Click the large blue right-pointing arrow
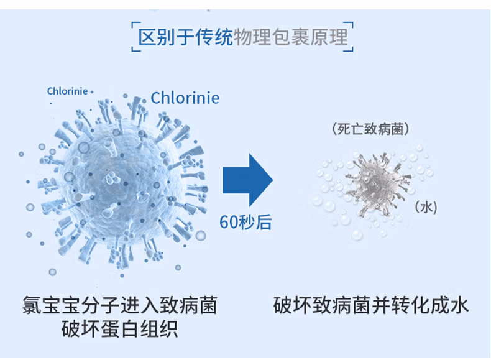(x=247, y=180)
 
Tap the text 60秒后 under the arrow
(x=245, y=222)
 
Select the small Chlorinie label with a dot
(x=70, y=91)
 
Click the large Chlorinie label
(x=185, y=98)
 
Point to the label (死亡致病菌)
(x=370, y=129)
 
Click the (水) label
(x=426, y=207)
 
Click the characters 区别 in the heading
(x=157, y=37)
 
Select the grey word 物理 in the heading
(x=252, y=37)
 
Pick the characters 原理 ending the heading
(x=329, y=37)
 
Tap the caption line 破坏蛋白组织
(x=119, y=329)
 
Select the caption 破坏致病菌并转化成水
(x=371, y=305)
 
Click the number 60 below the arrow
(x=228, y=222)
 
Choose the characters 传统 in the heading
(x=214, y=37)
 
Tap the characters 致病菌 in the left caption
(x=188, y=305)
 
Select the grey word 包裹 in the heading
(x=291, y=37)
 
